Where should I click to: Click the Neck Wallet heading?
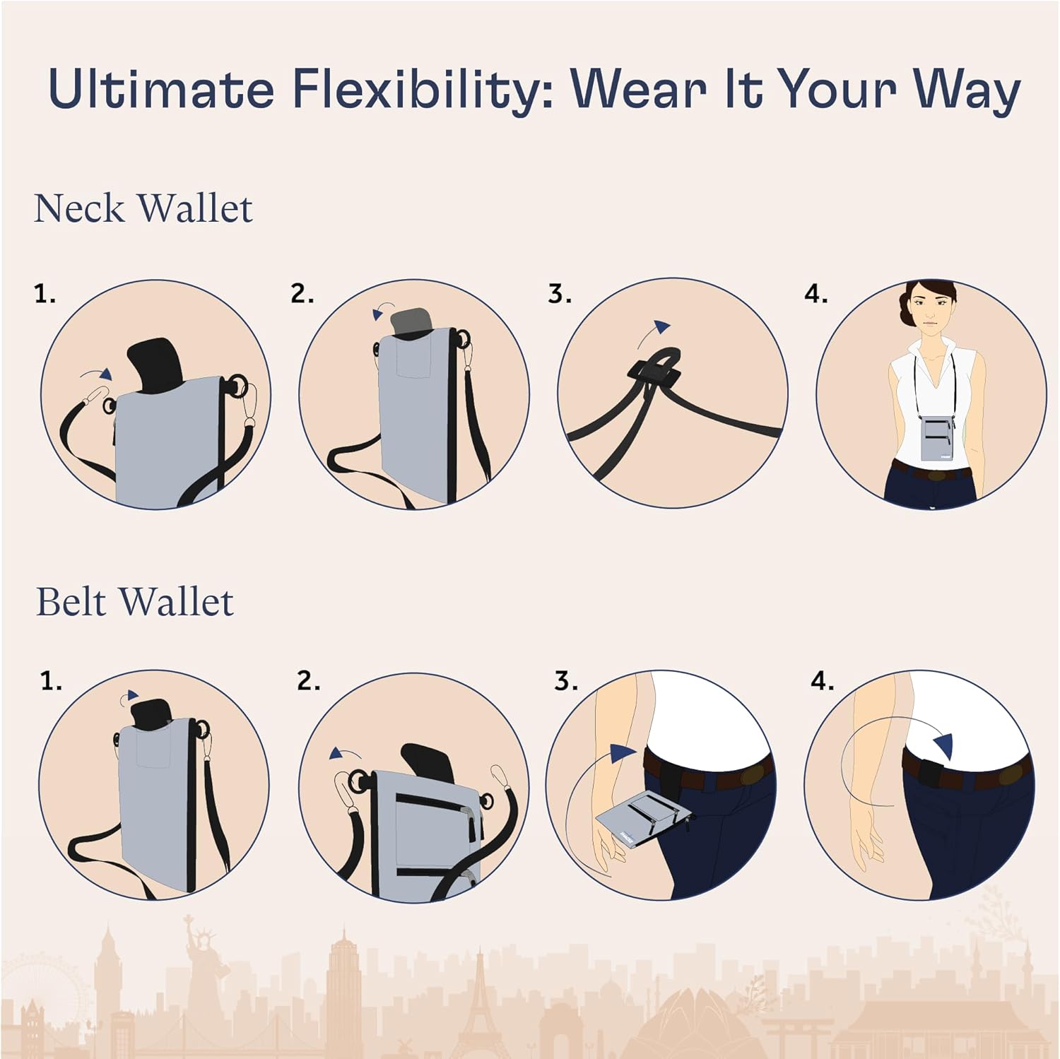(x=143, y=208)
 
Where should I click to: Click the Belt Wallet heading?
(x=134, y=602)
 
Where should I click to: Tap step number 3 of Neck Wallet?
(x=559, y=294)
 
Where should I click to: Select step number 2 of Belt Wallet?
(x=308, y=681)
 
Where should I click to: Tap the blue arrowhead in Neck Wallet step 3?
(x=662, y=327)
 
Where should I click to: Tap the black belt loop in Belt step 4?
(x=929, y=773)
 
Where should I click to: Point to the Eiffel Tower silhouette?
(x=480, y=1003)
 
